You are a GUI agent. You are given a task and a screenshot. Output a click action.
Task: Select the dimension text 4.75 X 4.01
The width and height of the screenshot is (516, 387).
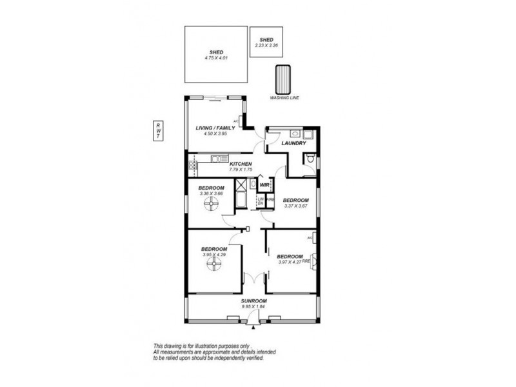[x=215, y=57]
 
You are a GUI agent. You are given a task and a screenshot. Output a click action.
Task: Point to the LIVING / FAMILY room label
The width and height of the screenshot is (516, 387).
[x=215, y=128]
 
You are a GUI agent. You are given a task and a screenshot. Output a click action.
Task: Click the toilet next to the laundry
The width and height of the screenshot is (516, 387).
[x=310, y=159]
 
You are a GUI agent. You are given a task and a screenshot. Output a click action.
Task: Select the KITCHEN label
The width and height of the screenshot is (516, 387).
[x=240, y=164]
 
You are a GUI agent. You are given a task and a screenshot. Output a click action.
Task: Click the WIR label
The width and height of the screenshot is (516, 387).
[x=264, y=185]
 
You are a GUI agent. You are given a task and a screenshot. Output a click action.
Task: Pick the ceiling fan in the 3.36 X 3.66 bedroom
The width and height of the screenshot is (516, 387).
[x=210, y=206]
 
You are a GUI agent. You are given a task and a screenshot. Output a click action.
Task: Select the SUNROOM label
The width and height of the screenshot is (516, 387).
[x=254, y=301]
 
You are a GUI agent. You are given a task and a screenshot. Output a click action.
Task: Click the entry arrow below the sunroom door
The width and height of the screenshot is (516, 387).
[x=254, y=327]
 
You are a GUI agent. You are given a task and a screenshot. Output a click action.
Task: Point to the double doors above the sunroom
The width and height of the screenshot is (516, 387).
[x=254, y=279]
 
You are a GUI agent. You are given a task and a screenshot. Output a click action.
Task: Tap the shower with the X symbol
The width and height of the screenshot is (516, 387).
[x=243, y=184]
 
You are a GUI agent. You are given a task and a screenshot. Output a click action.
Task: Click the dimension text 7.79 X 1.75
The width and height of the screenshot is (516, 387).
[x=240, y=170]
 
